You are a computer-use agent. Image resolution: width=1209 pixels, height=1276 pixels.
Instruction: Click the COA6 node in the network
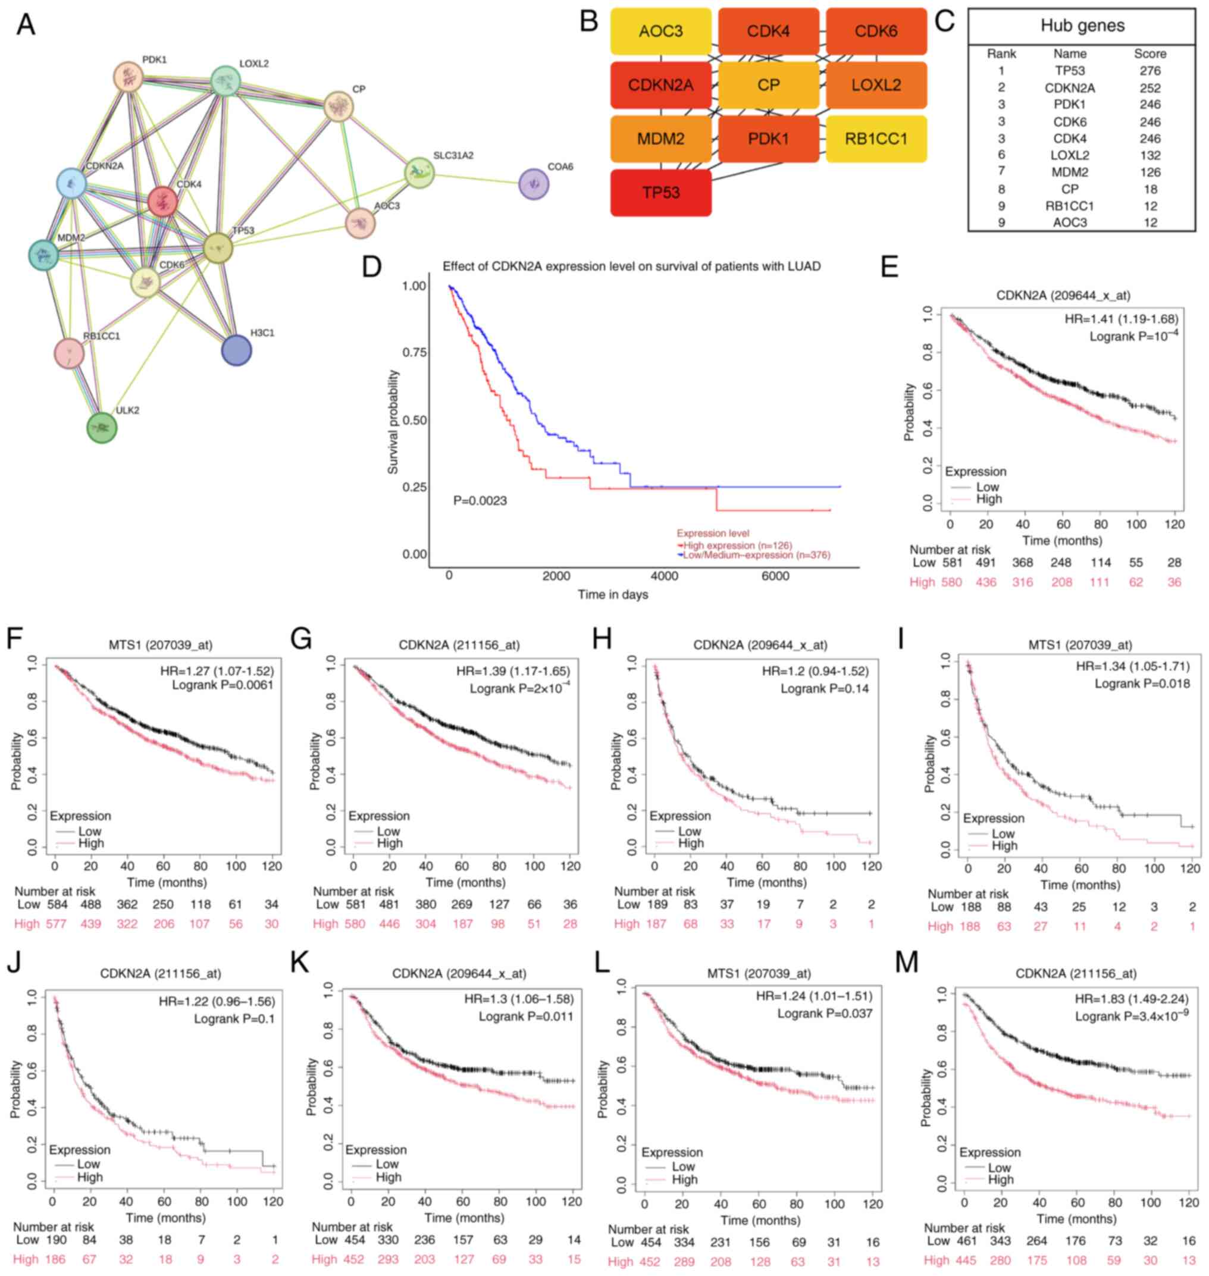(534, 184)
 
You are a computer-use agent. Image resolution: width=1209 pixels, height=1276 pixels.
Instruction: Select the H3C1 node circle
(237, 350)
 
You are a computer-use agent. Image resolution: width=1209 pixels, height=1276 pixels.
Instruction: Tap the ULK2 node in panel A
(102, 428)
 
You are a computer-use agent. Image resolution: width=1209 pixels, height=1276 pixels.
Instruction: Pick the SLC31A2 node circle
(419, 173)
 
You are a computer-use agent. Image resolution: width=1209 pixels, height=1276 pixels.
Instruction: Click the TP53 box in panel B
(660, 193)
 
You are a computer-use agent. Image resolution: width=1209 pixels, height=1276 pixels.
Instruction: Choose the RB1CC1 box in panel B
(876, 139)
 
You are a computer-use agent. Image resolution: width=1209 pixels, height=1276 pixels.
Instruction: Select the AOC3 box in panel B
(660, 31)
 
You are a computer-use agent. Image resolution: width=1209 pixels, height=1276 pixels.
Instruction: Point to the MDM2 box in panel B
(660, 139)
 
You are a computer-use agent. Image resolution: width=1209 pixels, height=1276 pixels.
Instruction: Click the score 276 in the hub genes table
(1150, 71)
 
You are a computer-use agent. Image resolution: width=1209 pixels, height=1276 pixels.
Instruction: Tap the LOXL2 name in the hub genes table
(1070, 155)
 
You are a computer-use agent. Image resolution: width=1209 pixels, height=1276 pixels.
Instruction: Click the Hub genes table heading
(1082, 26)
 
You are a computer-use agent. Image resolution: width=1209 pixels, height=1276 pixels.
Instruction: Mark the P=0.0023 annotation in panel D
(480, 501)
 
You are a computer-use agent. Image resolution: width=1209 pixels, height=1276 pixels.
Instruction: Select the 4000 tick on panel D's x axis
(665, 576)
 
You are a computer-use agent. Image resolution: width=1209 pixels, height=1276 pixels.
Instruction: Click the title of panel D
(631, 267)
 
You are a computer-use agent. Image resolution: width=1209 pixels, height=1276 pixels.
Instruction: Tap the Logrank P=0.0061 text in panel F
(223, 685)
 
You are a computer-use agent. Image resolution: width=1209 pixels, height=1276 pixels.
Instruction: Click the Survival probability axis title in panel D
(393, 422)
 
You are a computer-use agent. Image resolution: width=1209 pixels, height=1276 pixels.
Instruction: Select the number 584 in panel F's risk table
(57, 905)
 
